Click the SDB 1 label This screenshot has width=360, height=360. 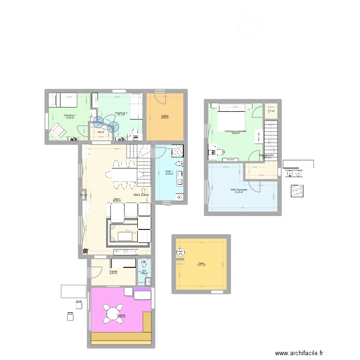point(168,171)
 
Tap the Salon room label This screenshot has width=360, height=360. point(117,200)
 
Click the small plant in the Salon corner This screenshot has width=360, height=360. point(85,250)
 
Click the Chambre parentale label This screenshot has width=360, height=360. point(235,131)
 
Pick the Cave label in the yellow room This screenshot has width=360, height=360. point(201,264)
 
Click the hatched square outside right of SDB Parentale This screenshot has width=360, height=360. point(296,191)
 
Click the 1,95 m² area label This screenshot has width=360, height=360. point(100,132)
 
